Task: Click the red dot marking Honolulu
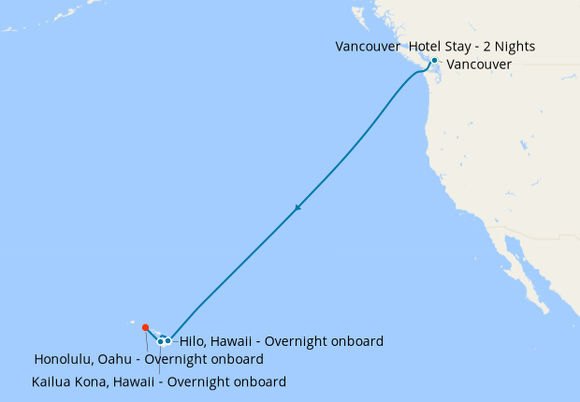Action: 145,327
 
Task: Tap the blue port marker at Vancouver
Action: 434,61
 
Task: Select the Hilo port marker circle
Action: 168,340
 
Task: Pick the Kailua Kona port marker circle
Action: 161,340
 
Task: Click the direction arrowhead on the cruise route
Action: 297,208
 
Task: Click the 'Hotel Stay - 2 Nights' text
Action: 472,46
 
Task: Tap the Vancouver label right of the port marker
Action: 479,65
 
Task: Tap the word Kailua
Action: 54,381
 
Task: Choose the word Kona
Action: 98,381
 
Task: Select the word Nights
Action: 514,46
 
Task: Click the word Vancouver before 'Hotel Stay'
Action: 369,46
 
